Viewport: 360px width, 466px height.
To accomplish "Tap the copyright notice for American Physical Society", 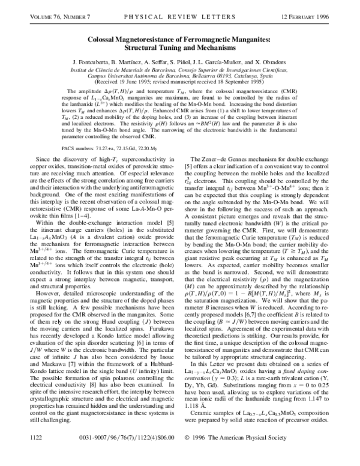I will pyautogui.click(x=261, y=456).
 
